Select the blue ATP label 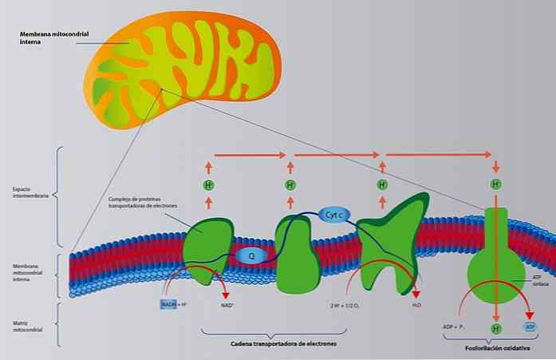pyautogui.click(x=530, y=327)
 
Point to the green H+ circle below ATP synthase pyautogui.click(x=495, y=328)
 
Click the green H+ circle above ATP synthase pyautogui.click(x=495, y=185)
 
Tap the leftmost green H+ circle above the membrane pyautogui.click(x=208, y=185)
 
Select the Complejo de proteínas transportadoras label pyautogui.click(x=144, y=202)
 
